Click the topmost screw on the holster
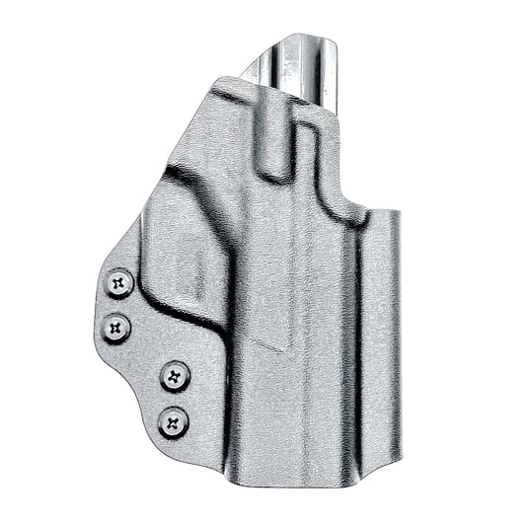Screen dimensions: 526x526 point(120,283)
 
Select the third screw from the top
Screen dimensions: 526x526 point(176,375)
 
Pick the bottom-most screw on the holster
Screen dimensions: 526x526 point(175,423)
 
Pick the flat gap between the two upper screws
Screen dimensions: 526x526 point(119,304)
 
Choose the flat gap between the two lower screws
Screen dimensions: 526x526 point(176,400)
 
